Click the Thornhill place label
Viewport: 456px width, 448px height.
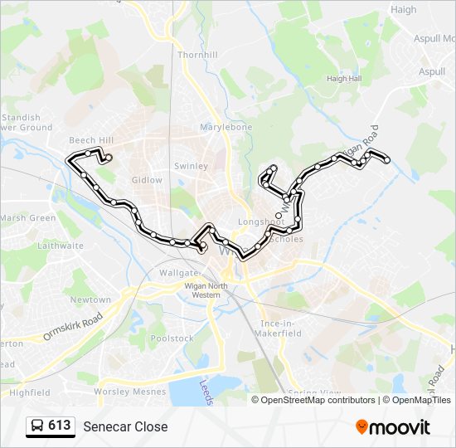point(197,55)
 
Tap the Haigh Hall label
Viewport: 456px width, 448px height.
point(344,79)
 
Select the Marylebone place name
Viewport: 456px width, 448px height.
point(226,128)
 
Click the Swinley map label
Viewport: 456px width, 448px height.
point(191,166)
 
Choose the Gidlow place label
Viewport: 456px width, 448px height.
point(147,180)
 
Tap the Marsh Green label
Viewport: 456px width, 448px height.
point(27,218)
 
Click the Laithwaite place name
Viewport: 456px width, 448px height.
point(60,246)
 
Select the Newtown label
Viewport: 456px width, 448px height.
point(90,299)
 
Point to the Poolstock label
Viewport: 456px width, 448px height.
point(172,338)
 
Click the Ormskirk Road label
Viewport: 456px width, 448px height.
point(73,328)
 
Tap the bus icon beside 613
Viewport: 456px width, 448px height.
point(37,426)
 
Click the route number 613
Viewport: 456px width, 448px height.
point(60,426)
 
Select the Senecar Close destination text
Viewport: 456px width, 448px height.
point(125,426)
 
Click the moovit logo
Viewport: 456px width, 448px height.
point(393,426)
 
